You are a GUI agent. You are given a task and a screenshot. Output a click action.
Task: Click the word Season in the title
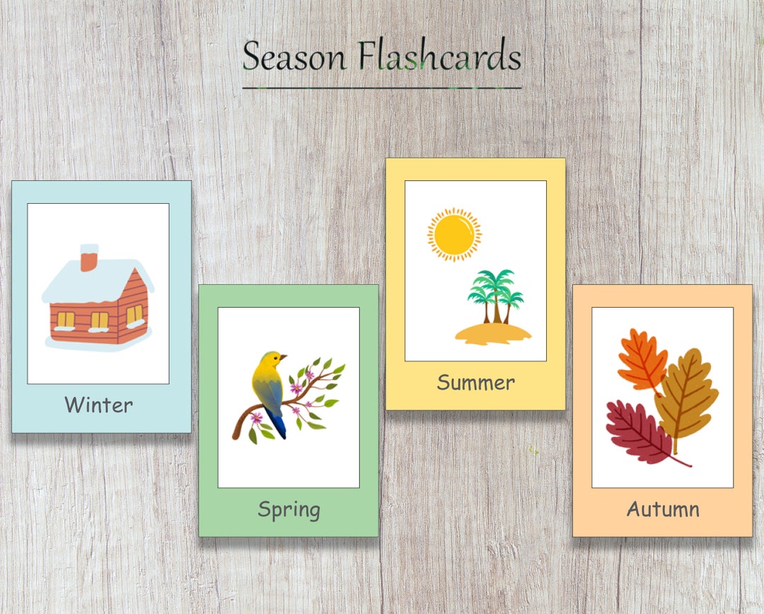tap(294, 57)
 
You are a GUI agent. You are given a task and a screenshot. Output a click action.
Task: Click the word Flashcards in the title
tap(439, 57)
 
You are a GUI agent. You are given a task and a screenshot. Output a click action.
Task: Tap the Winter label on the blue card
tap(98, 405)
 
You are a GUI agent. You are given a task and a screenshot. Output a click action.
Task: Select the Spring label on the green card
tap(289, 509)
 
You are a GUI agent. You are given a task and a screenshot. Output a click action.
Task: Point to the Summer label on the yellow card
tap(475, 383)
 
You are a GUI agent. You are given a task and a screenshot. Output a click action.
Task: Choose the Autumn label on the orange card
tap(663, 509)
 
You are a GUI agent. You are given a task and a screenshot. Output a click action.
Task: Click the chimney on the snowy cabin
tap(89, 258)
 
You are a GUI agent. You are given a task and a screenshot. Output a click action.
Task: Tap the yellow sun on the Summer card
tap(453, 234)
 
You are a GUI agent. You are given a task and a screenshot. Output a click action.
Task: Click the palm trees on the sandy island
tap(495, 294)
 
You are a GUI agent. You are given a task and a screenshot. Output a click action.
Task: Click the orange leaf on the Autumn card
tap(641, 361)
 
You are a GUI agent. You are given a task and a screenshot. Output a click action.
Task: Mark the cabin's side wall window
tap(134, 315)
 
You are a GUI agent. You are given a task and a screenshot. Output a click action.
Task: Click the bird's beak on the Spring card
tap(285, 357)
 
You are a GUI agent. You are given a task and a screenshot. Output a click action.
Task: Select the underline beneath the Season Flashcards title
tap(382, 88)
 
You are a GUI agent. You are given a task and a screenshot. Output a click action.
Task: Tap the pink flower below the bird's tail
tap(256, 418)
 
